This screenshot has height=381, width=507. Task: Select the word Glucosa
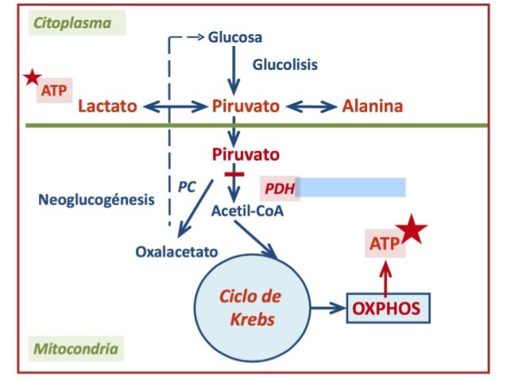coord(235,37)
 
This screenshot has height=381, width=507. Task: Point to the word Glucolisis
coord(284,64)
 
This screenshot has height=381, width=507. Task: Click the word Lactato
coord(108,107)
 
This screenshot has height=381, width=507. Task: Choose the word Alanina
coord(372,107)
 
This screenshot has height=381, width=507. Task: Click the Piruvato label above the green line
coord(246,107)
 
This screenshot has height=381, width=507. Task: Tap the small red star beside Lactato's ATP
coord(32,78)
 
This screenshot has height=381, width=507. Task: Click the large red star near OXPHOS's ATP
coord(412,231)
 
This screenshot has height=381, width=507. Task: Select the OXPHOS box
coord(388,306)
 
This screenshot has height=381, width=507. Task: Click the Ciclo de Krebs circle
coord(250,306)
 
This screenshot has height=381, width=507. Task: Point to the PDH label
coord(279,189)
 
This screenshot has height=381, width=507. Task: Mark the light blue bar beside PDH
coord(351,188)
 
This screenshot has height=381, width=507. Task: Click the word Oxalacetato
coord(177,253)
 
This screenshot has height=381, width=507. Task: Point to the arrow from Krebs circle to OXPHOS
coord(326,306)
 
